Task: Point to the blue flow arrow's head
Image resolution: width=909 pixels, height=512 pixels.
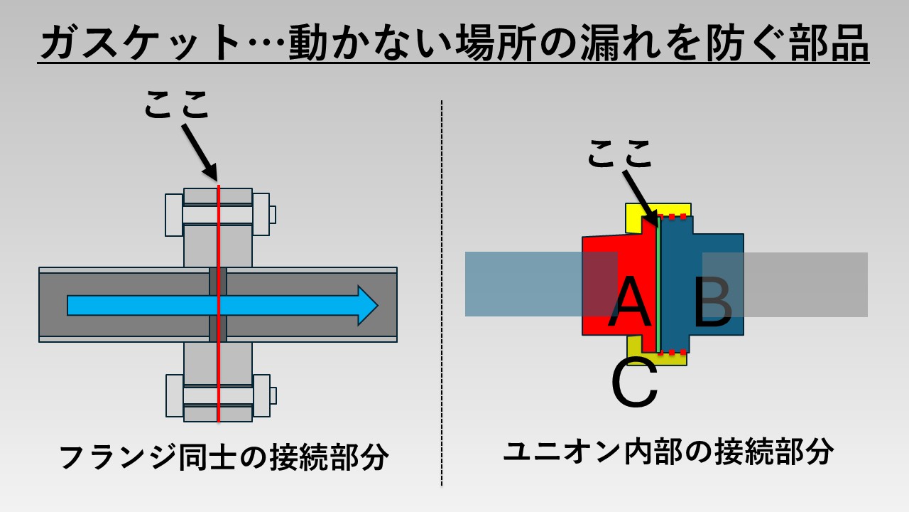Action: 366,305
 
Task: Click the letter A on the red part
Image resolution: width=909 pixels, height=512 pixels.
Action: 631,302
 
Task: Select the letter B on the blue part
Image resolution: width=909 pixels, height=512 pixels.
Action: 712,303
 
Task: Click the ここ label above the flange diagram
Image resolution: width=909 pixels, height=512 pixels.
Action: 178,106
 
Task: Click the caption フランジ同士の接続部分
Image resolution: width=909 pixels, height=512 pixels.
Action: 224,457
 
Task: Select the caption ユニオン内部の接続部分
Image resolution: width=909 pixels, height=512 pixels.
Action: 668,452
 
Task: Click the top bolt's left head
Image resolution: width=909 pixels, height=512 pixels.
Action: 174,214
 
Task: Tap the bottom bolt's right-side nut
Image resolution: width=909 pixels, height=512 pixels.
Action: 261,395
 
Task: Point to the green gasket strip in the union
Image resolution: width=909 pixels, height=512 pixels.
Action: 659,284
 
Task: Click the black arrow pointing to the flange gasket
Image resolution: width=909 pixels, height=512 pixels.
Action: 200,151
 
